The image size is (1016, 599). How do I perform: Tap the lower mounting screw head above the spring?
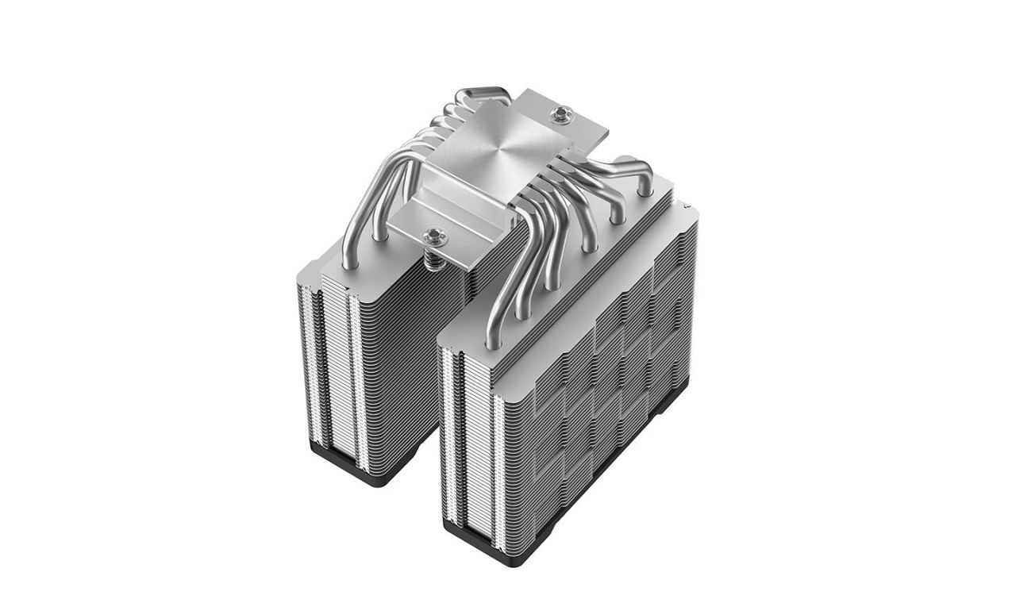434,235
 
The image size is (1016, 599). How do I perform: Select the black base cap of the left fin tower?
373,471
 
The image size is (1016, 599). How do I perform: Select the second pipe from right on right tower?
615,202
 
